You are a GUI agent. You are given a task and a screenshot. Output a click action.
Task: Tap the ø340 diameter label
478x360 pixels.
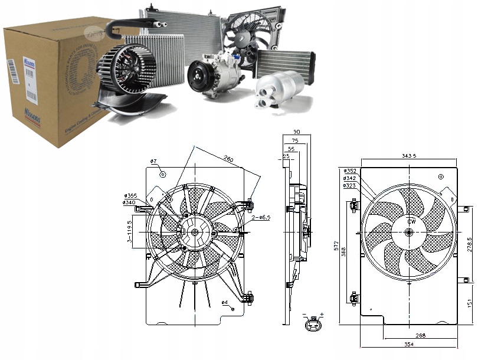pyautogui.click(x=130, y=203)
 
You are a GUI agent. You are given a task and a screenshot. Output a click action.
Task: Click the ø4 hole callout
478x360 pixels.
pyautogui.click(x=225, y=303)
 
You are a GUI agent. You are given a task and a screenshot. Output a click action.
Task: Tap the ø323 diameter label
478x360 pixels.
pyautogui.click(x=349, y=185)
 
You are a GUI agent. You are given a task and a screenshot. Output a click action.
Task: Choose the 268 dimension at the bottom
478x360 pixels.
pyautogui.click(x=420, y=335)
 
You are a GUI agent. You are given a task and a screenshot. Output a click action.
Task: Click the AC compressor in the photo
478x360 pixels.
pyautogui.click(x=212, y=76)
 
